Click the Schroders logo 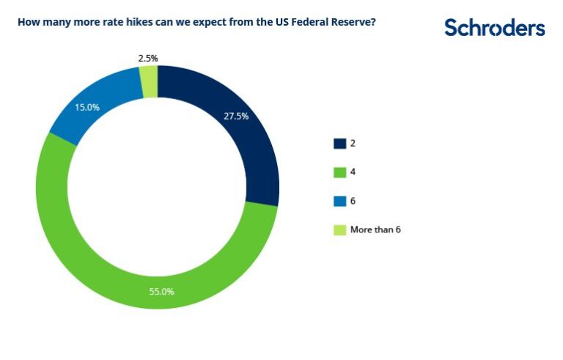click(494, 28)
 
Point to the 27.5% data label click(236, 115)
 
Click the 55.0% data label click(161, 291)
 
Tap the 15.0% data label click(87, 106)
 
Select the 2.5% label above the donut click(147, 57)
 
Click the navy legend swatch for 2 click(339, 143)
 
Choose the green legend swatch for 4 click(339, 172)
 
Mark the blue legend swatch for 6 click(339, 200)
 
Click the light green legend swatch click(339, 229)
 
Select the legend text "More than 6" click(375, 229)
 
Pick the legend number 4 click(353, 172)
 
